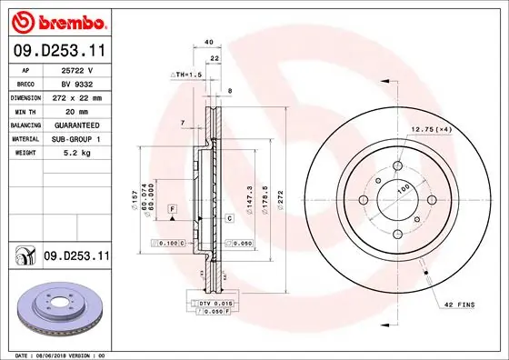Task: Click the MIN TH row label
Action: click(x=25, y=110)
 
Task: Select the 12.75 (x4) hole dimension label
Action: click(x=432, y=130)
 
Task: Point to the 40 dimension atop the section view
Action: click(x=208, y=42)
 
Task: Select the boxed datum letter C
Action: click(x=229, y=218)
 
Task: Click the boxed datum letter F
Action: click(x=170, y=210)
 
